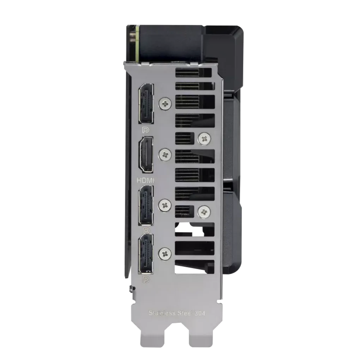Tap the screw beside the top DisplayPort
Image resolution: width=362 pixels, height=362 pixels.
pyautogui.click(x=164, y=103)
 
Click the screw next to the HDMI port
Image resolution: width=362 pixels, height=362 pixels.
pyautogui.click(x=165, y=154)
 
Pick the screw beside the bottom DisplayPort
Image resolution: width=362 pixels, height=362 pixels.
pyautogui.click(x=164, y=253)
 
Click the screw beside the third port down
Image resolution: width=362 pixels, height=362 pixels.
pyautogui.click(x=164, y=205)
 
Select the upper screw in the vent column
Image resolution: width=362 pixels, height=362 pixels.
pyautogui.click(x=204, y=138)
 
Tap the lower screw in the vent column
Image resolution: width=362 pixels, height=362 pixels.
pyautogui.click(x=204, y=212)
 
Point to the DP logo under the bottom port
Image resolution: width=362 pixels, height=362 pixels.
pyautogui.click(x=145, y=280)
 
